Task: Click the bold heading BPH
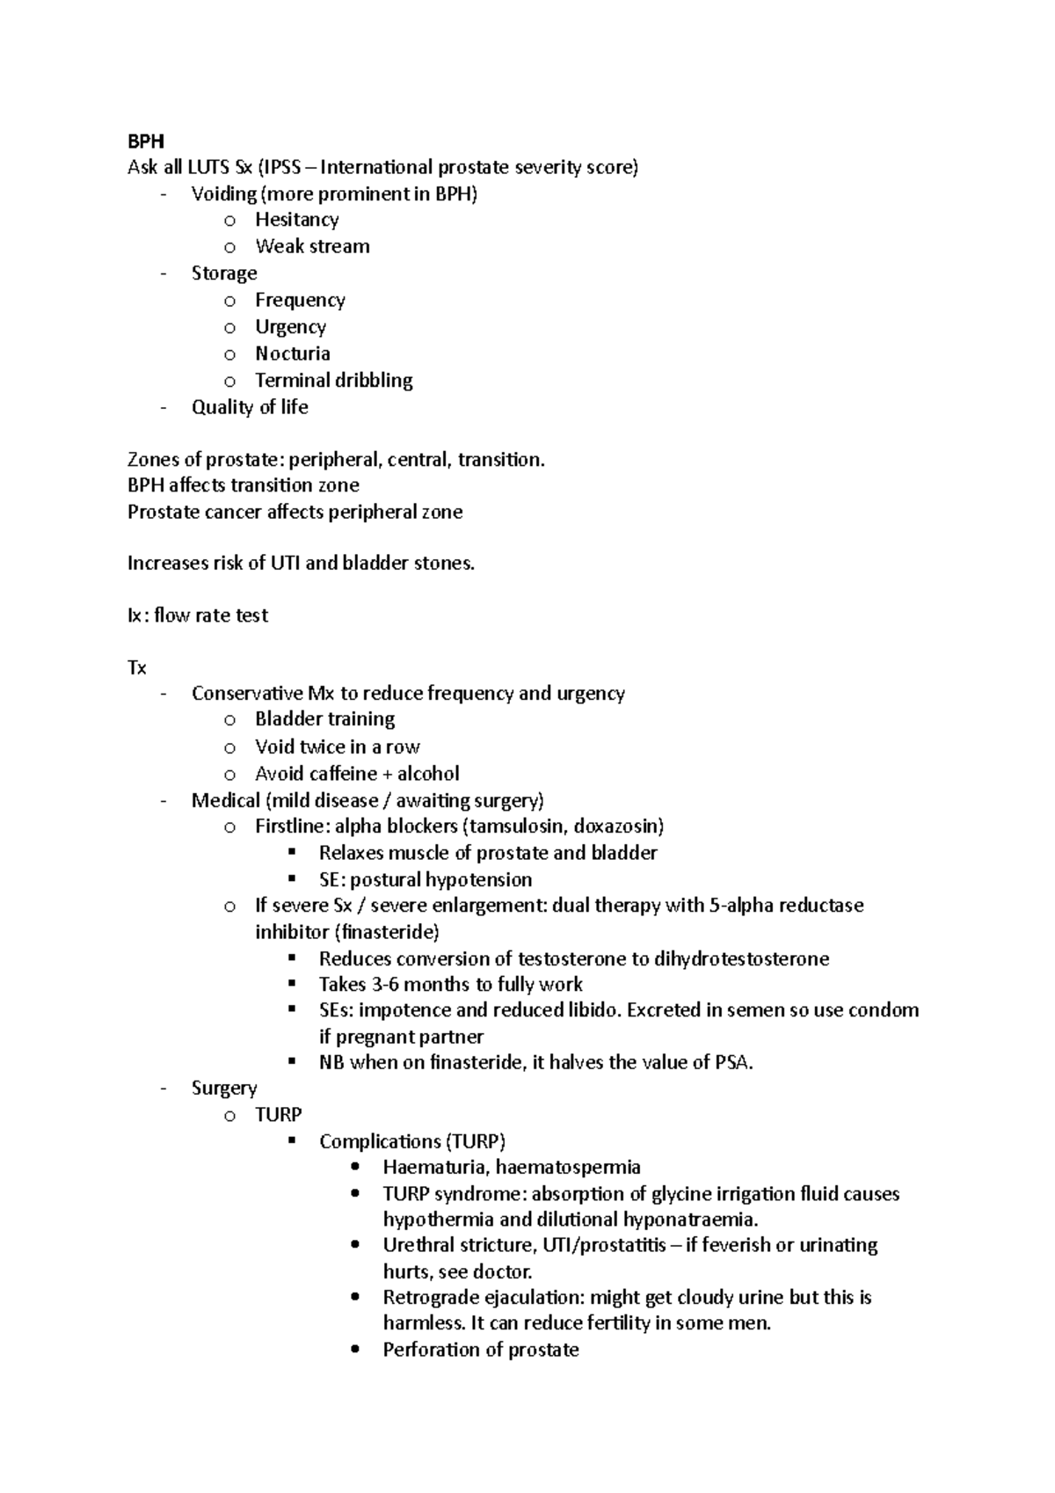pos(145,141)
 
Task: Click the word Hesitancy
pos(296,220)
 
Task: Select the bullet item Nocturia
pos(292,353)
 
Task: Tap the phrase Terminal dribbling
pos(333,381)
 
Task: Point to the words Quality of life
pos(250,407)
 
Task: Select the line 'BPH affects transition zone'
pos(243,485)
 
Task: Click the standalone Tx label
pos(136,668)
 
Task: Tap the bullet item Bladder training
pos(324,719)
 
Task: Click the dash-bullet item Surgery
pos(223,1089)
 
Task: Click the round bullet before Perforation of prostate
pos(355,1351)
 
